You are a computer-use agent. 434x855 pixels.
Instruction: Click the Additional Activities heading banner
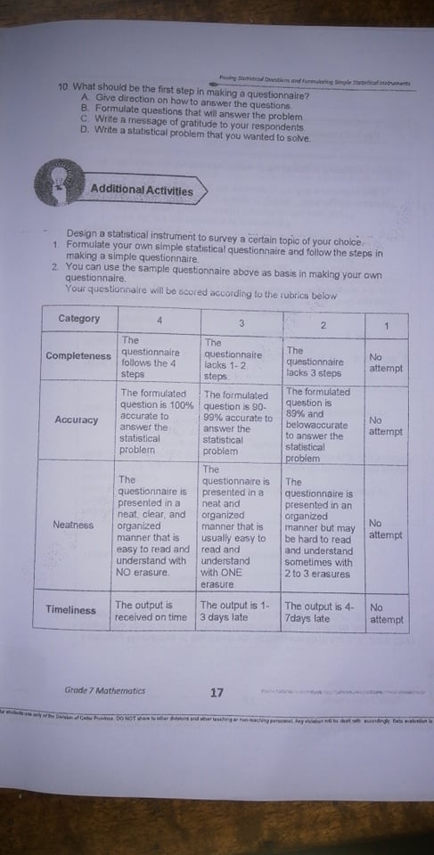click(x=140, y=189)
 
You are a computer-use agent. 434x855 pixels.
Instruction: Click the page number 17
click(x=217, y=692)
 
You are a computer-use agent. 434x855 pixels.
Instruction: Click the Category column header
click(x=79, y=319)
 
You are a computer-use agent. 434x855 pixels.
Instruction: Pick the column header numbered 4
click(x=159, y=320)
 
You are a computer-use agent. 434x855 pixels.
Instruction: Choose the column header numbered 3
click(x=241, y=321)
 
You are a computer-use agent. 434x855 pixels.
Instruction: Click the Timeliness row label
click(x=70, y=610)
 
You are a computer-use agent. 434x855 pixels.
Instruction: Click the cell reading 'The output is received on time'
click(x=151, y=611)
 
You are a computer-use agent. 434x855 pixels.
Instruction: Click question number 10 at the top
click(x=62, y=95)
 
